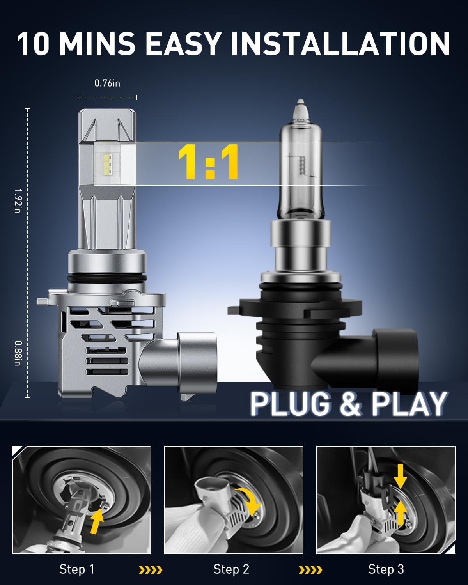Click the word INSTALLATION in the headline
pos(340,44)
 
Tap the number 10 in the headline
pos(34,44)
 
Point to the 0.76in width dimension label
pos(107,83)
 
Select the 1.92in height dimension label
pos(18,201)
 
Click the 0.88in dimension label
pos(18,353)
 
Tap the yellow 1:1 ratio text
pos(208,162)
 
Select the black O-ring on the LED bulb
pos(106,278)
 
